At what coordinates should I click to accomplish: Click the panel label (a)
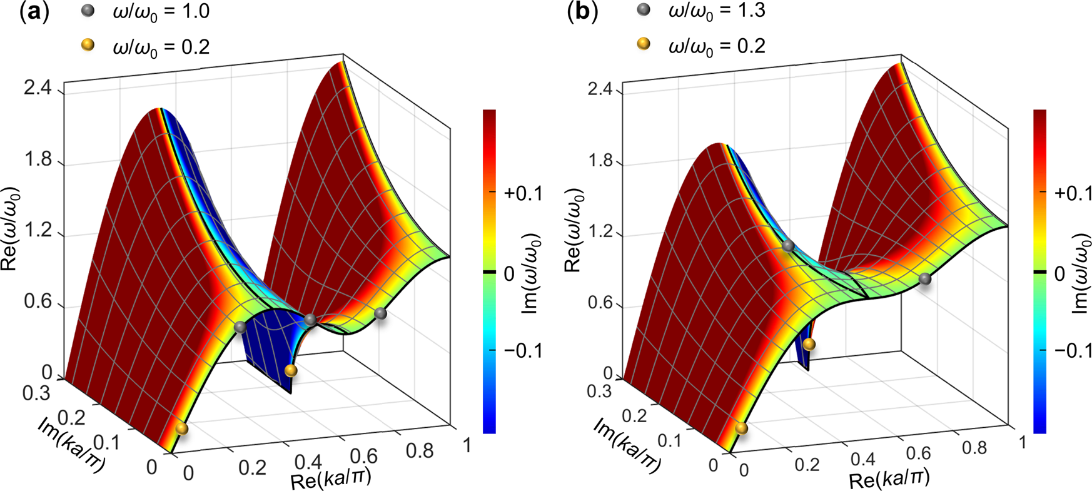[x=34, y=12]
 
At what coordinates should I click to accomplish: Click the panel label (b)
[x=582, y=12]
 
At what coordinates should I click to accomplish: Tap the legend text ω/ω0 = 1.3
[x=717, y=11]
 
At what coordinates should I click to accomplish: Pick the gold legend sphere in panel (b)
[x=643, y=44]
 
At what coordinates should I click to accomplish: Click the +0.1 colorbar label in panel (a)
[x=523, y=194]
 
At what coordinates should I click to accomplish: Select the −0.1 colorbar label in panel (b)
[x=1073, y=351]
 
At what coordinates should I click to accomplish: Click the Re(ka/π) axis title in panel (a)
[x=331, y=479]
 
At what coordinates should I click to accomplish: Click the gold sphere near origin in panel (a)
[x=181, y=428]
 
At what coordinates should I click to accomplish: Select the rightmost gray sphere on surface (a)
[x=380, y=313]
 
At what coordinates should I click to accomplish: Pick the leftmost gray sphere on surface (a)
[x=240, y=328]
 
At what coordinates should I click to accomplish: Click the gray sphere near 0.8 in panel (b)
[x=925, y=279]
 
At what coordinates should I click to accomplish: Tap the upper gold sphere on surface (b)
[x=809, y=344]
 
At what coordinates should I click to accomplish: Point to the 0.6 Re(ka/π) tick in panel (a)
[x=368, y=456]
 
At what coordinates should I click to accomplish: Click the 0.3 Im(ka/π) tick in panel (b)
[x=599, y=392]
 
